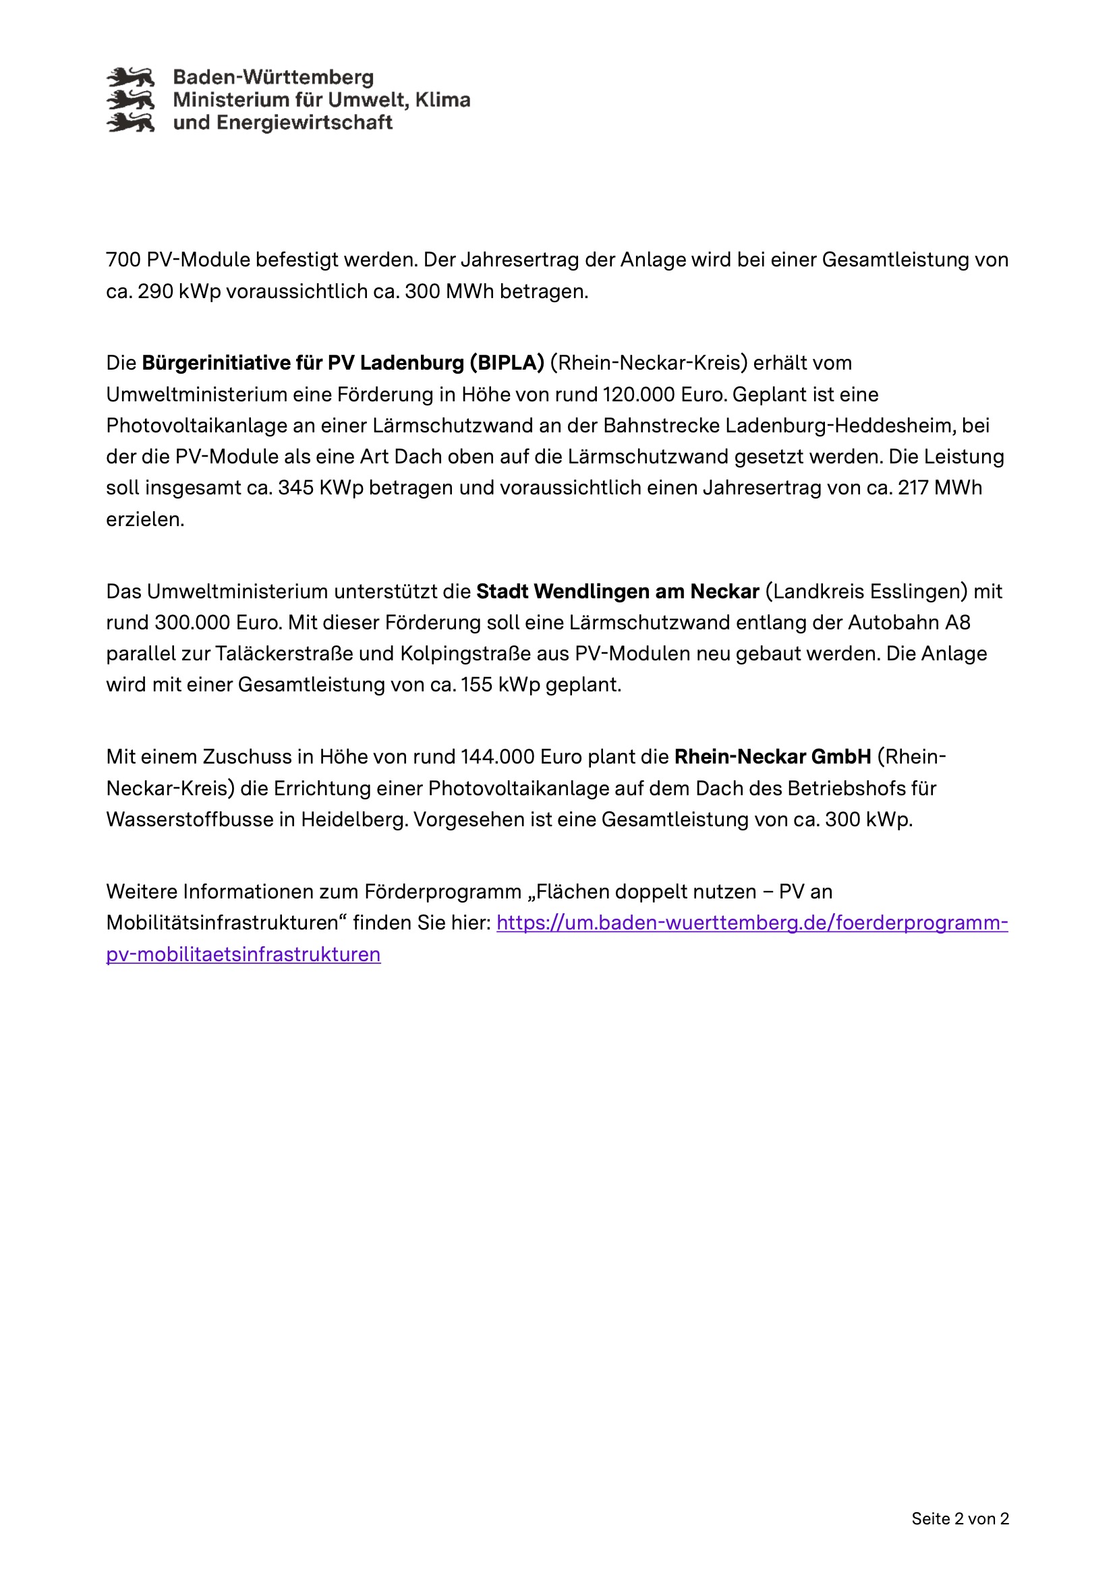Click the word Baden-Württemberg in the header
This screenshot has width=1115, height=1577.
273,77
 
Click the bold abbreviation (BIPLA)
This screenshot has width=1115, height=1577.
507,363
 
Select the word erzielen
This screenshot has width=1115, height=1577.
145,519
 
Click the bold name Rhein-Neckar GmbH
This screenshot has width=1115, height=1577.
773,757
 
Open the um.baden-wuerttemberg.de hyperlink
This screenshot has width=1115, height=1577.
751,923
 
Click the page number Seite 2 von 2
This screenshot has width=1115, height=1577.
960,1518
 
